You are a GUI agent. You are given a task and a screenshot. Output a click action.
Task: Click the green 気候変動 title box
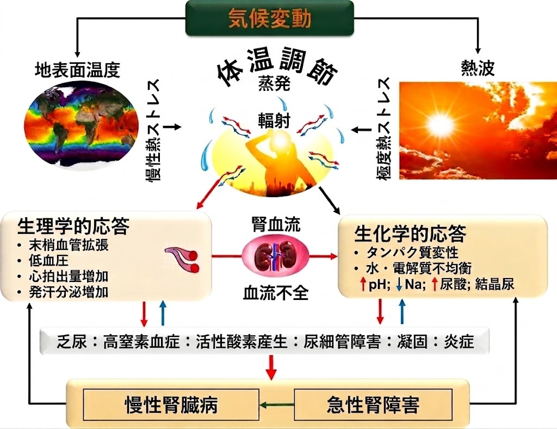click(270, 19)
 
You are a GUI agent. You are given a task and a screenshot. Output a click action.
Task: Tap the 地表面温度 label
click(77, 70)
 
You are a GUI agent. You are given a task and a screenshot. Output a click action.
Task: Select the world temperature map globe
click(81, 127)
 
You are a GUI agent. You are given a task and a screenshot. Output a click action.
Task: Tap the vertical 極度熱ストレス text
click(385, 128)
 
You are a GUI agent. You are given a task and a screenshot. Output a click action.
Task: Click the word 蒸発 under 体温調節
click(274, 84)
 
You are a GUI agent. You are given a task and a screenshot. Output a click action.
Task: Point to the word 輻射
click(274, 121)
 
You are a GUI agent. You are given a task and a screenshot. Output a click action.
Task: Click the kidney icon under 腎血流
click(276, 255)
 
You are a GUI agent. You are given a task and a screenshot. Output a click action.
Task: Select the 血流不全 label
click(276, 293)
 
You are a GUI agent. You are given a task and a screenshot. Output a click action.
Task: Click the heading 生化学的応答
click(410, 234)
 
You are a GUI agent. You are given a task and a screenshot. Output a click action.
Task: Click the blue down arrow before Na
click(399, 284)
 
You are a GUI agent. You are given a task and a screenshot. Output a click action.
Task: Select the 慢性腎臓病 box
click(171, 405)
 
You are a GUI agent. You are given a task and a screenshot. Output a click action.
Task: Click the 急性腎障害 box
click(373, 405)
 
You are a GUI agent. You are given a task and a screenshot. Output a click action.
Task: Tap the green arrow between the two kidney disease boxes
click(277, 405)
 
